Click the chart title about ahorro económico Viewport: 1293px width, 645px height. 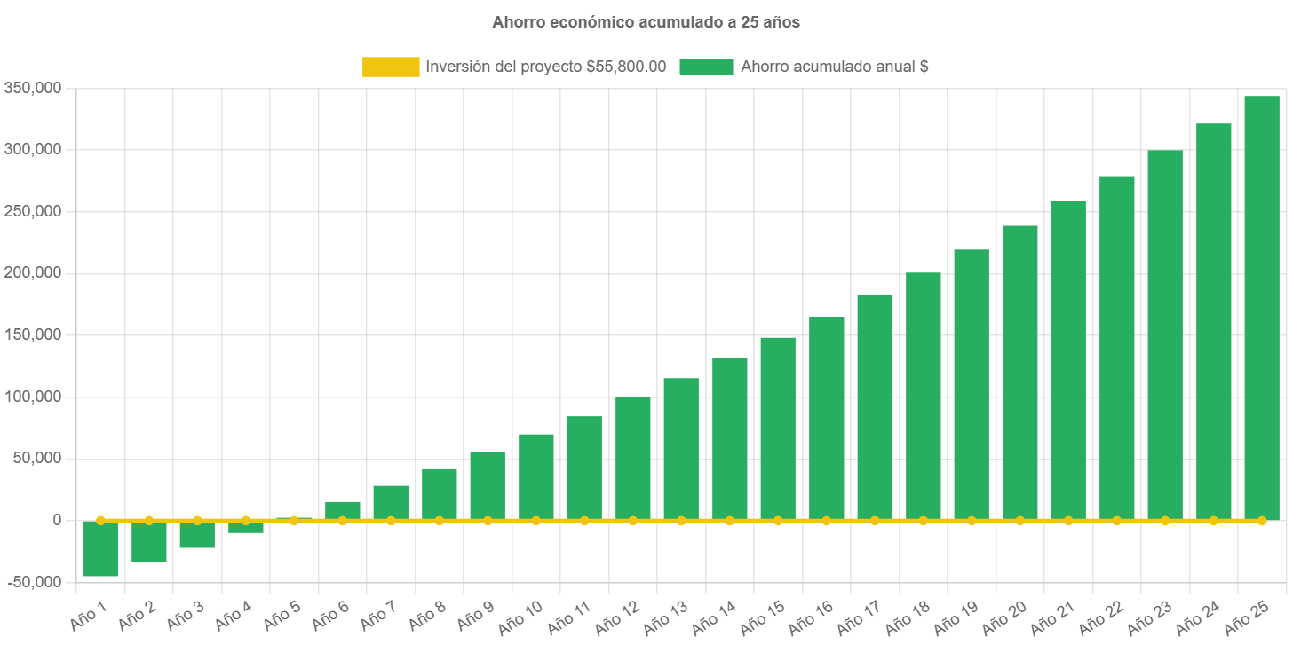click(x=646, y=22)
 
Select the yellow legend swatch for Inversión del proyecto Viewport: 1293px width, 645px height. click(x=391, y=67)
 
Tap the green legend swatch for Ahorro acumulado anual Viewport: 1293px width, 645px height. click(x=706, y=67)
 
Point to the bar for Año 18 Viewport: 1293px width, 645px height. click(x=923, y=396)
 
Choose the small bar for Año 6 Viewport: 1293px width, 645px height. click(x=343, y=511)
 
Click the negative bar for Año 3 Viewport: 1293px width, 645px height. click(x=197, y=534)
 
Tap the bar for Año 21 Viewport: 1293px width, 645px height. click(x=1068, y=360)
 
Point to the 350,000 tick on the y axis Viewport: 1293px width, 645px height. click(x=33, y=88)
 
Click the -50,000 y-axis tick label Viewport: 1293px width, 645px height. click(x=33, y=582)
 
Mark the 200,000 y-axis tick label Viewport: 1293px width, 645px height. click(x=33, y=272)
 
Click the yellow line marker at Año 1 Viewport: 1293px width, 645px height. click(x=100, y=520)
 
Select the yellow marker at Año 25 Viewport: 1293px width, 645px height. click(x=1261, y=520)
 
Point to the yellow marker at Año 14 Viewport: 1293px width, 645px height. click(x=729, y=520)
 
